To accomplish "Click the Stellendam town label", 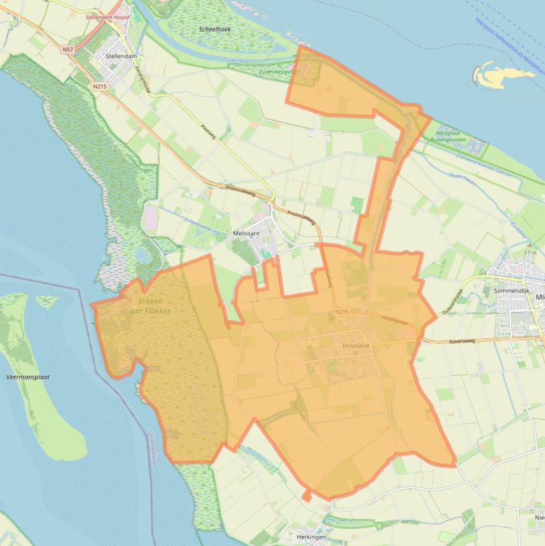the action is pos(120,55).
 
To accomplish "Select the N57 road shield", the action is pos(67,50).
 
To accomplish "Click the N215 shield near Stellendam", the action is pos(99,86).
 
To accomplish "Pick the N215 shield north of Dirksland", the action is pos(341,312).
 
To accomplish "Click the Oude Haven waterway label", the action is pos(469,178).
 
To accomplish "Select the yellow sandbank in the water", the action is pos(493,74).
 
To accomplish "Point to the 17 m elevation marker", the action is pos(529,253).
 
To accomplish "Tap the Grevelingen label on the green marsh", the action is pos(135,167).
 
